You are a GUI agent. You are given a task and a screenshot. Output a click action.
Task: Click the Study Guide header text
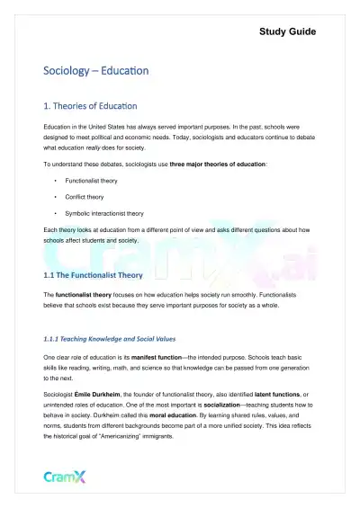pos(287,32)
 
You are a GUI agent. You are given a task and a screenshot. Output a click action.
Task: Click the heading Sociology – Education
pos(96,69)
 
